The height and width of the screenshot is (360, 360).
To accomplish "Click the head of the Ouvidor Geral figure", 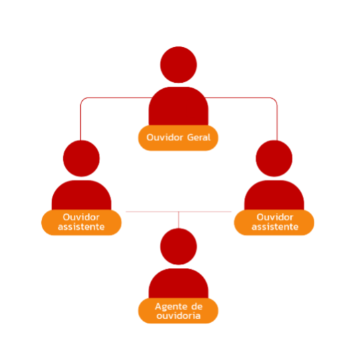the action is (x=178, y=65).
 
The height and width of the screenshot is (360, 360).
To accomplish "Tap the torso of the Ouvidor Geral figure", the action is (x=178, y=106).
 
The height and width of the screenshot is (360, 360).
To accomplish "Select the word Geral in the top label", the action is (x=199, y=137).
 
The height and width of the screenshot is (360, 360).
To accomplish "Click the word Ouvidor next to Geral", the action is (x=164, y=137).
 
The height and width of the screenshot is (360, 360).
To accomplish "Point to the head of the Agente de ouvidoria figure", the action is (x=178, y=247).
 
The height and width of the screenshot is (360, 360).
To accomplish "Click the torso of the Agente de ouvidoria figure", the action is (x=178, y=283).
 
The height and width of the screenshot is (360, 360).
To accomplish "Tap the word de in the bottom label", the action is (x=197, y=306).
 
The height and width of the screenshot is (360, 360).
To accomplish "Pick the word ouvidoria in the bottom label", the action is (x=178, y=316).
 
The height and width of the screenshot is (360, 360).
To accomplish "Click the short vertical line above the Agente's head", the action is (x=178, y=220).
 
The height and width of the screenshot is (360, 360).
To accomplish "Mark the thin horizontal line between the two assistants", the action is (x=178, y=211).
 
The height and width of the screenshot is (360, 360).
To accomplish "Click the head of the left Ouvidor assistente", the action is (x=82, y=158).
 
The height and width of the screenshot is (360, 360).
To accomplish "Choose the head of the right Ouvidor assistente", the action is (x=274, y=158).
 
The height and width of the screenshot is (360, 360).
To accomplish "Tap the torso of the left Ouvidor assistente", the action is (x=82, y=195).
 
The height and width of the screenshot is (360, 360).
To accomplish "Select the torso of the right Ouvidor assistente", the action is (x=274, y=195).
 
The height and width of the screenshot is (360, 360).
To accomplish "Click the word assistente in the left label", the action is (x=82, y=227).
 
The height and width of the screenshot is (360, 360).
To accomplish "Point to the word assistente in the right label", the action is (x=275, y=227).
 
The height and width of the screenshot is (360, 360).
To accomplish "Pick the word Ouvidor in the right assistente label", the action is (x=275, y=217).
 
